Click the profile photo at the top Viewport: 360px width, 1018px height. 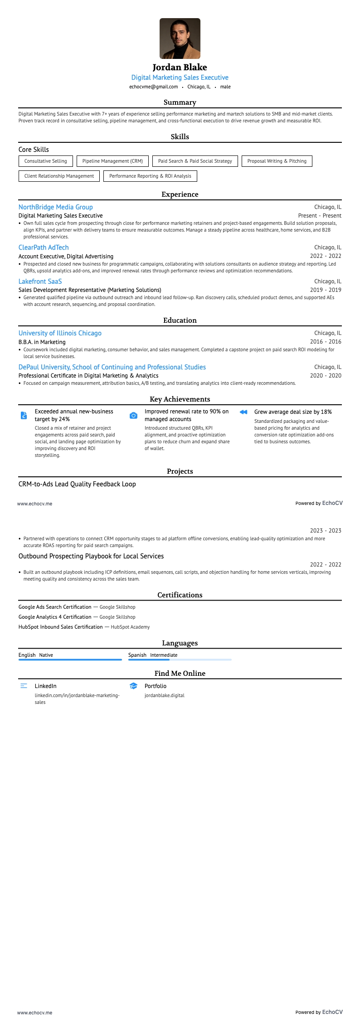pos(180,39)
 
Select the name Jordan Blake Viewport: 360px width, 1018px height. pos(180,68)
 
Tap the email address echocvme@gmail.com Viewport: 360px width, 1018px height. pos(153,87)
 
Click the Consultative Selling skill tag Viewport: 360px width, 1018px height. pos(45,161)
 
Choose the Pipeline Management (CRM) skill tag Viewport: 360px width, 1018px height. pos(112,161)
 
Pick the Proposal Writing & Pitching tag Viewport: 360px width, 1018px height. pos(277,161)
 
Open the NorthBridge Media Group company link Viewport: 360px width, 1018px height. pos(55,207)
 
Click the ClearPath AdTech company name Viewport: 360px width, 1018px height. pos(44,247)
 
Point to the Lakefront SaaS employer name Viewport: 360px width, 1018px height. pos(40,281)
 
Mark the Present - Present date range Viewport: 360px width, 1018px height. pos(320,216)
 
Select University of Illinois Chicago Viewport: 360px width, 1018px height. pos(60,333)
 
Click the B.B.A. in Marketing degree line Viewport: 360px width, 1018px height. pos(42,342)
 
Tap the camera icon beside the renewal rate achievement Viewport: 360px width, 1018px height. pos(133,416)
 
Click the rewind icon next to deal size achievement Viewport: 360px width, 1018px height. pos(243,412)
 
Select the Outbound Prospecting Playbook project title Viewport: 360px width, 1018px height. pos(91,556)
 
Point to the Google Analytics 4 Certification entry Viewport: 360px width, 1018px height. pos(55,617)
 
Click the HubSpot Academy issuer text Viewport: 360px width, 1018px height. pos(130,627)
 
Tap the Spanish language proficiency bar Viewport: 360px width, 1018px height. pos(180,659)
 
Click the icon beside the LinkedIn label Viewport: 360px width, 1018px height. pos(24,686)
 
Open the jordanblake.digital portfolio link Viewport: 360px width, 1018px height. pos(164,695)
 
